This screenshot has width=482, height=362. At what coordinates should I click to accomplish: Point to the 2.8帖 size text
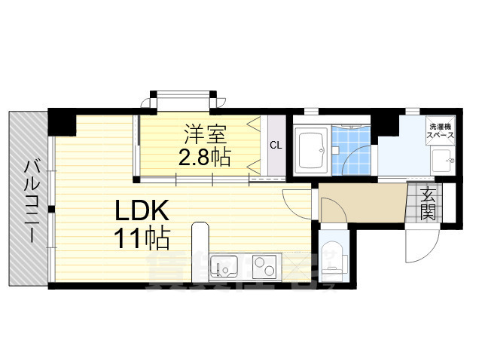coord(204,158)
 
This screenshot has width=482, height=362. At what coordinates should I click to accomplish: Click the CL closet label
coord(276,146)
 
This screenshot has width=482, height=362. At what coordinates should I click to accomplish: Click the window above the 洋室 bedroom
coord(188,99)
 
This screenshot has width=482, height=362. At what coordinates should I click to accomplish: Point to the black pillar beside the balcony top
coord(60,118)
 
